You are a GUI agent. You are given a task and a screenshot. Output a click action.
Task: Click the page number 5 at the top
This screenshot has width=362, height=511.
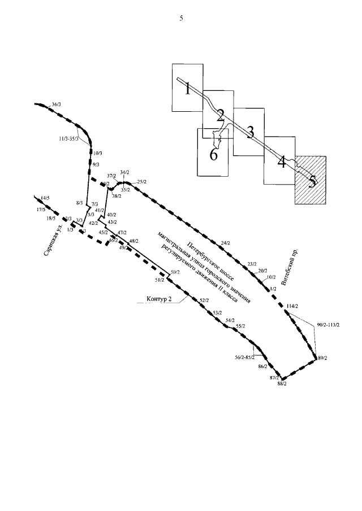pos(181,18)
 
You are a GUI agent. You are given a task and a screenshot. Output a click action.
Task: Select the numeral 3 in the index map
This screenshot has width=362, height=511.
pos(249,131)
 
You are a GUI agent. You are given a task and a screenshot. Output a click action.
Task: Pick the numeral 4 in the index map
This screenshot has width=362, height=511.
pos(281,163)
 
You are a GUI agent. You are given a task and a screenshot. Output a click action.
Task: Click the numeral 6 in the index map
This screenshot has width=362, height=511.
pos(214,155)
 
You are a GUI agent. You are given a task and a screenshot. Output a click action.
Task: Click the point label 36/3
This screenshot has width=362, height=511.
pos(57,104)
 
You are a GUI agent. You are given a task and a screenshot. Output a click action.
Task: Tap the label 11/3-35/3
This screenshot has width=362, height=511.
pos(70,139)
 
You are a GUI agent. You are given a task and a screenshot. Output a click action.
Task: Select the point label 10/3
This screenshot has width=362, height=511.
pos(98,152)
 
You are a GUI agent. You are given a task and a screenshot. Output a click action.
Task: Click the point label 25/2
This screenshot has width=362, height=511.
pos(141,182)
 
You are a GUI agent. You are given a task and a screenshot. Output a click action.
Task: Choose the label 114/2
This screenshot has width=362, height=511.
pos(292,306)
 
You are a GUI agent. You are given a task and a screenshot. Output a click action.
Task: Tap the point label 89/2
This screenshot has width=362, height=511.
pos(323,358)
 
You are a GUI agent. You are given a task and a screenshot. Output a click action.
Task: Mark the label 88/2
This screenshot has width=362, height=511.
pos(282,384)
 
